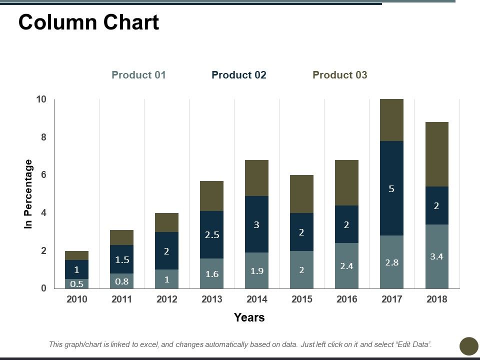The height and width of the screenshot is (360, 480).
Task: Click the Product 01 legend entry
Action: point(138,75)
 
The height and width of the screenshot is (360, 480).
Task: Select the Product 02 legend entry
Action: point(239,75)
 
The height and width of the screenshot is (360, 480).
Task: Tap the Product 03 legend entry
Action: point(339,75)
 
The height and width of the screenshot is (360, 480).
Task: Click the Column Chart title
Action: point(88,22)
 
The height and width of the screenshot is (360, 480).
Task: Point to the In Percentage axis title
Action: point(28,194)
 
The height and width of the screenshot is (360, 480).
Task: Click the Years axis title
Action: point(249,317)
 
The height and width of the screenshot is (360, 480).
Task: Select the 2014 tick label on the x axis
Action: point(256,299)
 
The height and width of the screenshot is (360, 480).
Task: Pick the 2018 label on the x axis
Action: point(436,299)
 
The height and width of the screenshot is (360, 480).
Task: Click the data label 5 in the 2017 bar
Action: point(391,189)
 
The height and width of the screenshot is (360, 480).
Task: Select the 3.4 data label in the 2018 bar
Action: point(436,256)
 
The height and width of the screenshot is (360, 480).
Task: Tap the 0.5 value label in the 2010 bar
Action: point(76,283)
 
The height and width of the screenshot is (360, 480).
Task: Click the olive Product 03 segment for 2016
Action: point(346,182)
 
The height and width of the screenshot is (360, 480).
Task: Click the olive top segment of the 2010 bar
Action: point(76,255)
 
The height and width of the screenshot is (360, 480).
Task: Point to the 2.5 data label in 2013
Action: point(211,234)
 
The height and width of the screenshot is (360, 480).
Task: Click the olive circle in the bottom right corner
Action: point(468,346)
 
